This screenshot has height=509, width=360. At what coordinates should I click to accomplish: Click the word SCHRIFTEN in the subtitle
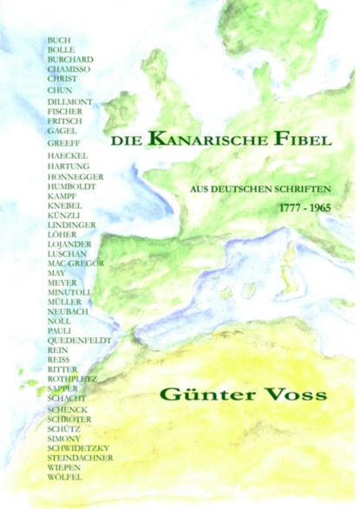305,187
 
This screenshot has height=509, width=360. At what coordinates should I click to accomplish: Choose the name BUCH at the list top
59,41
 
